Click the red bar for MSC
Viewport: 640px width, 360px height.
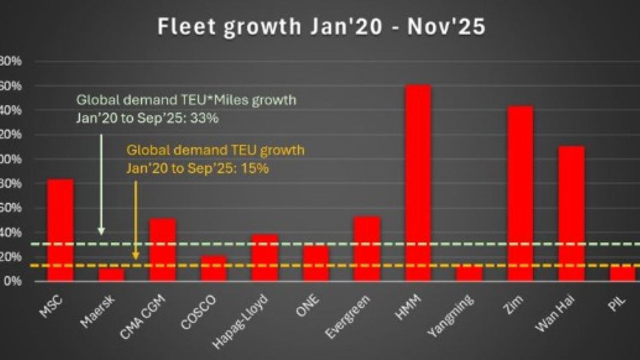point(61,230)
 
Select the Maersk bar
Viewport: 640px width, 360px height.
point(112,275)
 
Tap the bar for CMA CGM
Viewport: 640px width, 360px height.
point(162,250)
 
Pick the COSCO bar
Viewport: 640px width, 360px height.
point(213,268)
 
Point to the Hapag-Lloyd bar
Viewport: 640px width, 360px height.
point(265,257)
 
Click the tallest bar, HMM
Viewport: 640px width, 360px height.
point(418,183)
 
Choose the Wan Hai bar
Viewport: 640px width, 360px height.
point(571,213)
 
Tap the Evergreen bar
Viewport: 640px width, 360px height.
point(367,249)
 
